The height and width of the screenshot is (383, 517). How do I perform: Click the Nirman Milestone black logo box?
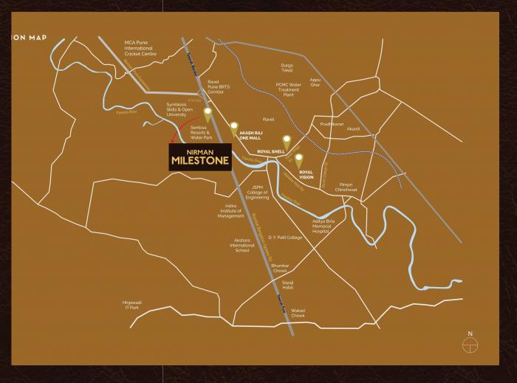tap(199, 157)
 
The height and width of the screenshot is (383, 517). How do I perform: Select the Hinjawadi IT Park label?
tap(137, 305)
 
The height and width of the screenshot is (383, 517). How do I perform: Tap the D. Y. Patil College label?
tap(286, 238)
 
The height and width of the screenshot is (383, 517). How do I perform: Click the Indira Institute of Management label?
tap(230, 210)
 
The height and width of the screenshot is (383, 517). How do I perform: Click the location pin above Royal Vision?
tap(299, 159)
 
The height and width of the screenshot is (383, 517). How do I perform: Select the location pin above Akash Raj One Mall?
tap(235, 128)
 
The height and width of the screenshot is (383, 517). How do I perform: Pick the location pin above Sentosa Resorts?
tap(208, 114)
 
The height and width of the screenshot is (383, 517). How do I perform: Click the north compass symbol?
tap(468, 343)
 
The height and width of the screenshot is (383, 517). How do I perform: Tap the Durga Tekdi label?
tap(287, 68)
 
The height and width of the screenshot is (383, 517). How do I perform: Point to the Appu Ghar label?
tap(315, 82)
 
